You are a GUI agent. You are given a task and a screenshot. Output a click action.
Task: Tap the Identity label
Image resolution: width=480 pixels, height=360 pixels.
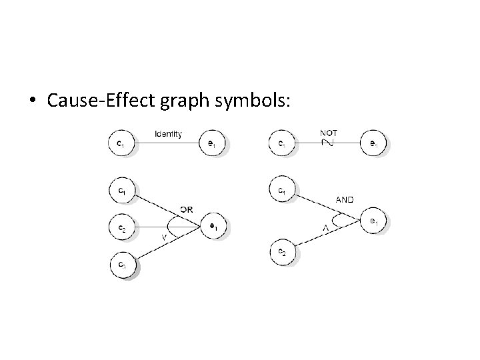point(168,134)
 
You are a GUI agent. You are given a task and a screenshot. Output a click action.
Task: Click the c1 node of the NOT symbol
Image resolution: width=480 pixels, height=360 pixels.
point(281,143)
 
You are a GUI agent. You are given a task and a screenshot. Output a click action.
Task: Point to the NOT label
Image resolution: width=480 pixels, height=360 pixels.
point(328,133)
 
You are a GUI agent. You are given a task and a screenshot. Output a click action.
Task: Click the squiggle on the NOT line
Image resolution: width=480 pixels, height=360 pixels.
point(327,142)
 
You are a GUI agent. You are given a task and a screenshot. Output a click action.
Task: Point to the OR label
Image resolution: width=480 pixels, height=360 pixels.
point(186,209)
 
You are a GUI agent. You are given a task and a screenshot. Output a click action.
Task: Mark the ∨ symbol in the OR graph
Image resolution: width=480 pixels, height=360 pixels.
point(164,237)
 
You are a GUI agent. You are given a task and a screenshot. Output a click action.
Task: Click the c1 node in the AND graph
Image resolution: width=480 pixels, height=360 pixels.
point(281,191)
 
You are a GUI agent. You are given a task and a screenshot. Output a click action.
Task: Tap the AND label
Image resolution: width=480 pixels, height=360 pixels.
point(345,199)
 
